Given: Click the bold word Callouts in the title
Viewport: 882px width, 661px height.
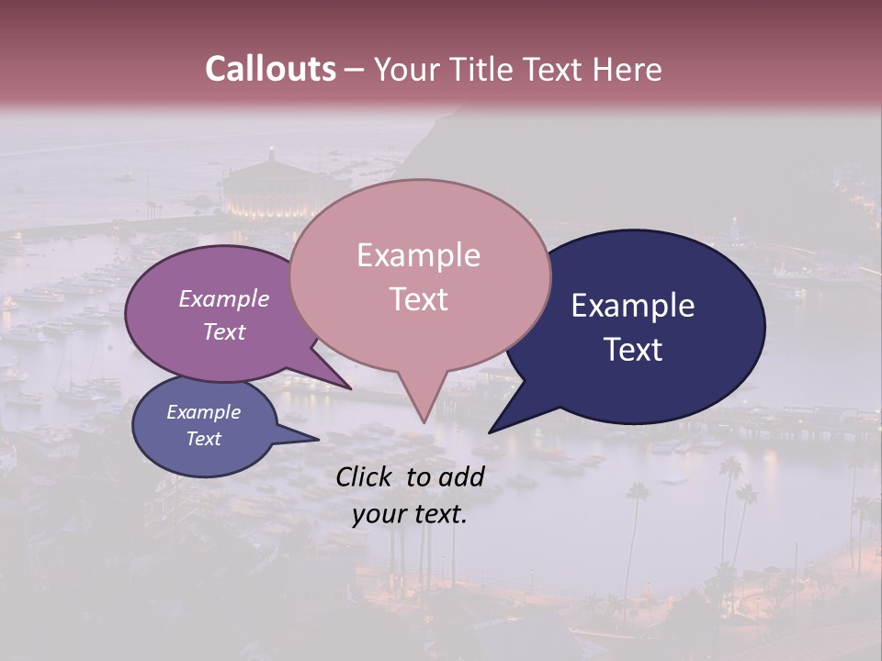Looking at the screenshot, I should (270, 69).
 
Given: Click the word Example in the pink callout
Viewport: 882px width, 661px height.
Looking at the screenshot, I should (418, 255).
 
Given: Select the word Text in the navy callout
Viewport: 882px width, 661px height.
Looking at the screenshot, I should (633, 350).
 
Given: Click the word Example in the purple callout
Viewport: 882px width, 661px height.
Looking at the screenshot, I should (224, 298).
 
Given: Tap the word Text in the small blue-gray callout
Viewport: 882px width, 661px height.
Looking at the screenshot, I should (204, 439).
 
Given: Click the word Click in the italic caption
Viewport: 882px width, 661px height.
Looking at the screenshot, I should (365, 476).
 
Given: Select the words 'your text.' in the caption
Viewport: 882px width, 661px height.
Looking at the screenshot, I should (409, 514).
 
